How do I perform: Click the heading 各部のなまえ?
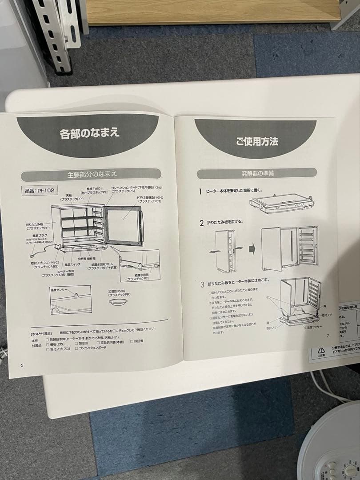tap(90, 132)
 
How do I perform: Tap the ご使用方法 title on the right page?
tap(257, 142)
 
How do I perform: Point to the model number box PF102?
tap(37, 192)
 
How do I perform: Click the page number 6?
tap(21, 365)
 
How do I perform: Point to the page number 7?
tap(328, 336)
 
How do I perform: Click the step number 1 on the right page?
tap(200, 192)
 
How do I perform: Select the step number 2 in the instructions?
tap(201, 222)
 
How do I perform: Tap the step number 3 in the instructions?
tap(202, 284)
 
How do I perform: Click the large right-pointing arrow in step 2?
tap(252, 247)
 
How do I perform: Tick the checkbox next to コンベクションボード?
tap(76, 348)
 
